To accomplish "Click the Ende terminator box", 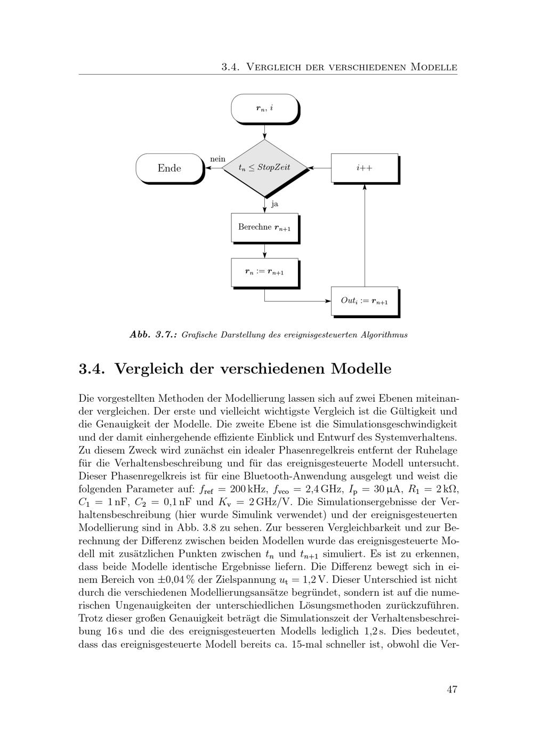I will click(x=169, y=168).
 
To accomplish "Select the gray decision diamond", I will click(x=264, y=168).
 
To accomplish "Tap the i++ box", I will click(x=365, y=168).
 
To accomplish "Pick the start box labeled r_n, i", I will click(x=264, y=108).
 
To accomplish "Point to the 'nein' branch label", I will click(x=217, y=159).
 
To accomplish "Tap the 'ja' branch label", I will click(x=274, y=204).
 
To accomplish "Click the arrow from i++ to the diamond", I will click(x=320, y=168).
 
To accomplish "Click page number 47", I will click(x=452, y=689).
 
